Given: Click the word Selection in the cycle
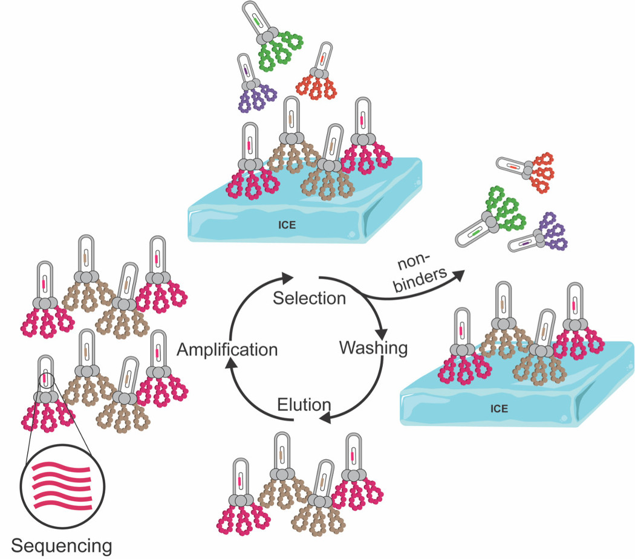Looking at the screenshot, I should pyautogui.click(x=309, y=298).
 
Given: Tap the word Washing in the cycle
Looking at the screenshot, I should pyautogui.click(x=373, y=348).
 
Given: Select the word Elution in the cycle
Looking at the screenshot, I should pyautogui.click(x=304, y=404).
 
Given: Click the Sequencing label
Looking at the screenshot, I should pyautogui.click(x=62, y=546).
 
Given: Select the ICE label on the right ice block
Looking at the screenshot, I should pyautogui.click(x=499, y=409).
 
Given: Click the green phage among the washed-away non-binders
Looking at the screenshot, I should pyautogui.click(x=496, y=215).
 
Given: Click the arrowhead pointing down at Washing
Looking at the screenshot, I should pyautogui.click(x=382, y=334).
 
